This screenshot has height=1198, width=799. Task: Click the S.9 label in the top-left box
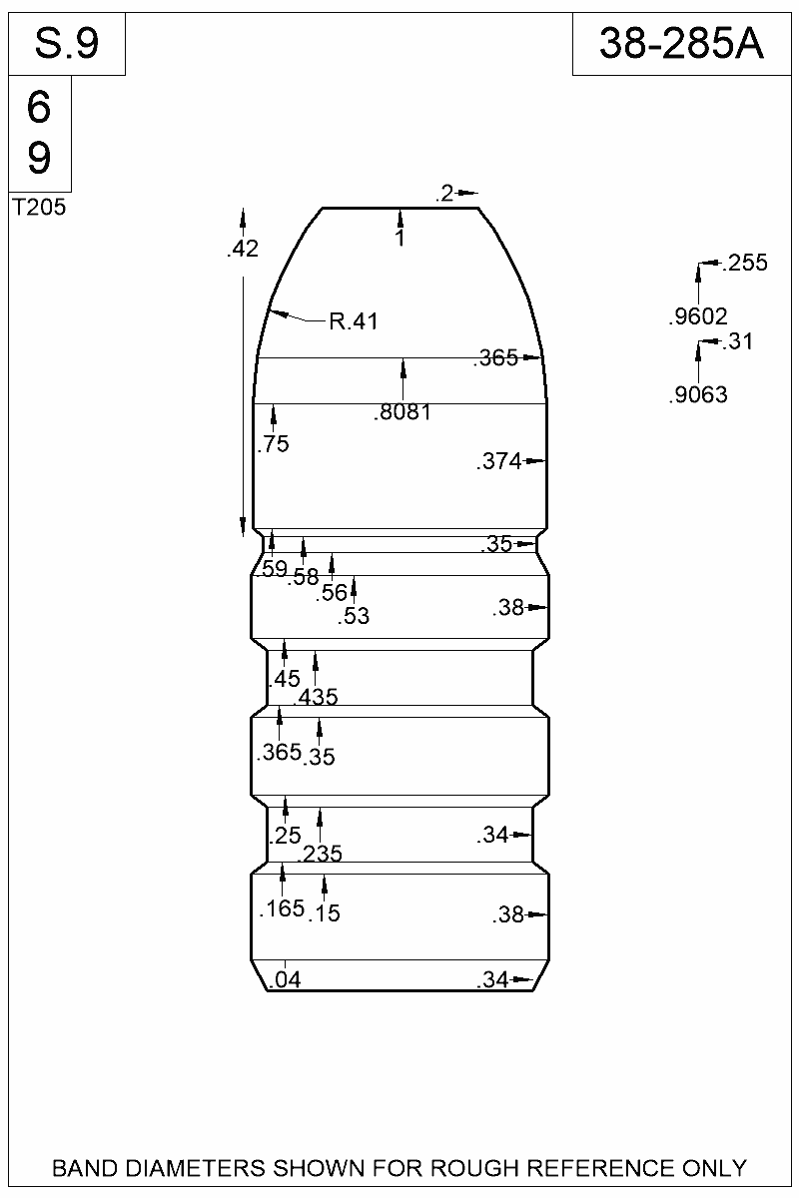[67, 43]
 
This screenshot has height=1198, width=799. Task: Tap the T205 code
[39, 208]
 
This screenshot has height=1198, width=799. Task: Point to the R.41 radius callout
[354, 321]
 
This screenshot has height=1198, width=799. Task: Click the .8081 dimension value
[403, 411]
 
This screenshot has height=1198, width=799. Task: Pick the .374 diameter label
[499, 461]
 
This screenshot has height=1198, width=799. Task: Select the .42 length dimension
[243, 250]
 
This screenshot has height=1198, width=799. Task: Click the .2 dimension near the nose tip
[445, 194]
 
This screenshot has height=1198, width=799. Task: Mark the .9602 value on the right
[697, 318]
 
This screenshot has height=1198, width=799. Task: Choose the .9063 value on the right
[697, 395]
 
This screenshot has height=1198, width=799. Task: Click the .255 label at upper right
[744, 264]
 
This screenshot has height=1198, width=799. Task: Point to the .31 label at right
[739, 342]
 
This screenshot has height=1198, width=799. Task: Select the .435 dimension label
[316, 697]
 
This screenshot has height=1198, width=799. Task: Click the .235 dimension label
[321, 853]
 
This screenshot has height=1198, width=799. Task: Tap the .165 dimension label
[281, 909]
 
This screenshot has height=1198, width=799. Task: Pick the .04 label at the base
[287, 979]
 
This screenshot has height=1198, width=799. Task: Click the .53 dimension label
[354, 617]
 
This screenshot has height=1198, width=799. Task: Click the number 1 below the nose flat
[399, 239]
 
